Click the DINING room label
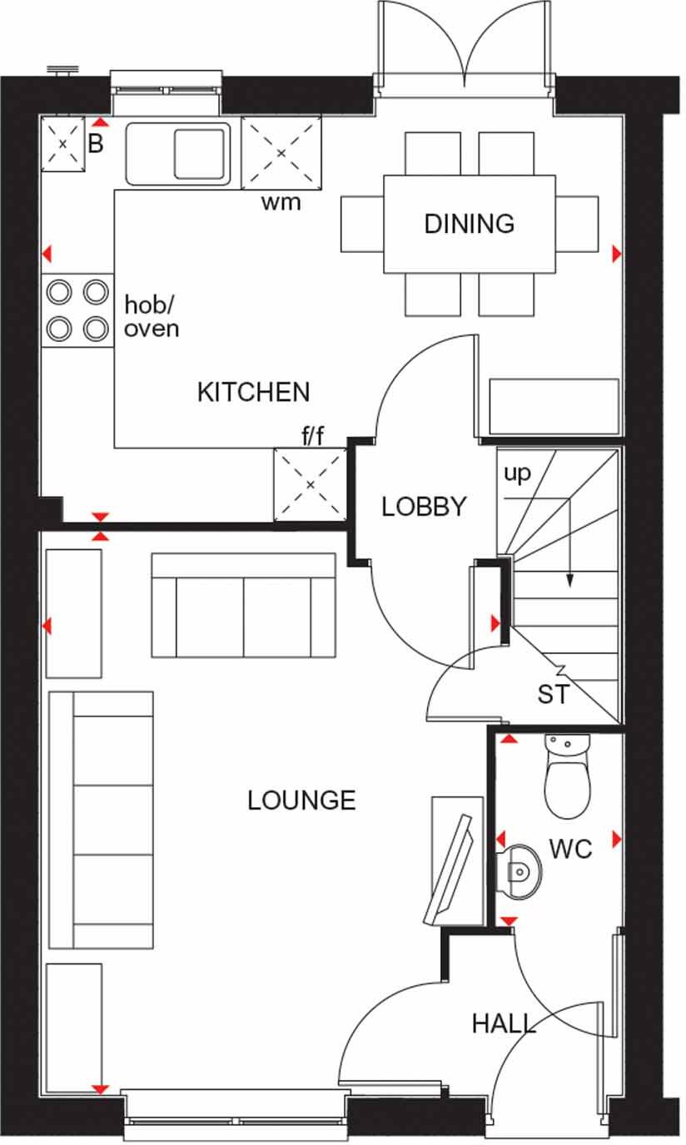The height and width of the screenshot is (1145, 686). coord(469,224)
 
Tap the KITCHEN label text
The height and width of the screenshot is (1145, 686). coord(253,392)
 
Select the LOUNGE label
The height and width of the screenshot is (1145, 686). coord(301,801)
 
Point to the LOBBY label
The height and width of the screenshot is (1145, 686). coord(424,507)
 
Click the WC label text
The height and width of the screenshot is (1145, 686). coord(570,849)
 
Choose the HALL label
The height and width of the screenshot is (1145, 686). coord(504,1024)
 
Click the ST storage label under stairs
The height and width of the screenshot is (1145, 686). coord(554,694)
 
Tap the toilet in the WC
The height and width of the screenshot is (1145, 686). coord(567,777)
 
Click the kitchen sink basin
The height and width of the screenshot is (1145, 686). coord(201,154)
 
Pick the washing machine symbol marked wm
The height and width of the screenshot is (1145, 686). coord(281,153)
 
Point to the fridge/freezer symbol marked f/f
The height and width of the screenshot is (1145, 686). coord(310,484)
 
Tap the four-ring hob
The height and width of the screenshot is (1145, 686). coord(77,310)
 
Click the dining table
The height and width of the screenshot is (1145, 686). coord(469,224)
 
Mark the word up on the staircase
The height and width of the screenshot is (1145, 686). coord(516,473)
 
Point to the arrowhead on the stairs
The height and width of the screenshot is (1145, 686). coord(570,582)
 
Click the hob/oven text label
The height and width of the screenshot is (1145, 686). coord(152,316)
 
